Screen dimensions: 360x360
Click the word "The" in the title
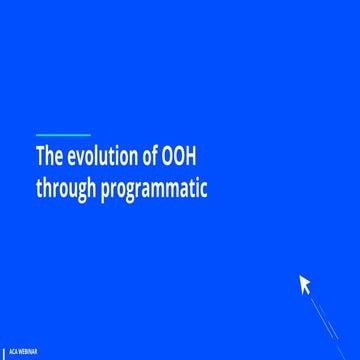pos(48,158)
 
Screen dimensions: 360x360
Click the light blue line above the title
pos(63,135)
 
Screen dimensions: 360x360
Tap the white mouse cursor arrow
pos(305,285)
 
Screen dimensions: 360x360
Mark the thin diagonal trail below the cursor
pos(324,318)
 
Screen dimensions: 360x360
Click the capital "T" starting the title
pos(40,158)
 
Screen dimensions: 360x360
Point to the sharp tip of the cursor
pos(299,276)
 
